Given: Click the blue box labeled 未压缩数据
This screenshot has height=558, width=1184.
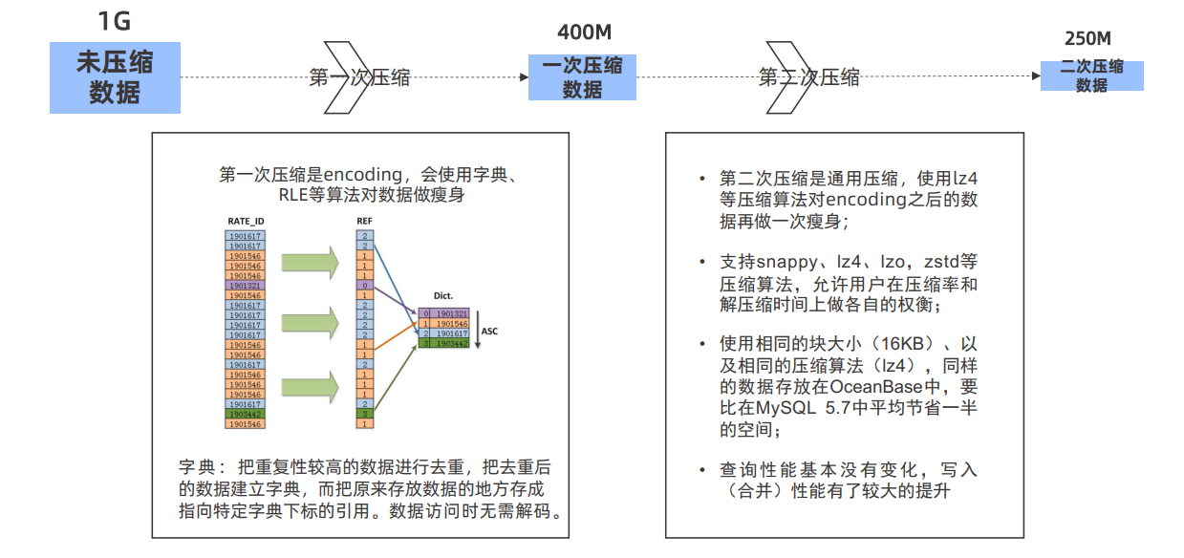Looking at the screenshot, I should click(115, 77).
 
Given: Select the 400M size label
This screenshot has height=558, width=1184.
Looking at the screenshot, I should click(584, 32).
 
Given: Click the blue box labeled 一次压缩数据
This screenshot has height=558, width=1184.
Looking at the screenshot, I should click(582, 77).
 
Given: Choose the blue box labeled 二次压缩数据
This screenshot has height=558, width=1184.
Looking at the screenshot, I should click(1091, 75).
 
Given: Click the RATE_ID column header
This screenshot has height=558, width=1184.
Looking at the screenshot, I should click(246, 221).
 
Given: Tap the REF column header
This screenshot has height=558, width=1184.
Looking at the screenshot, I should click(365, 221).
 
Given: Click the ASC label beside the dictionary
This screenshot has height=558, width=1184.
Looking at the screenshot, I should click(489, 333).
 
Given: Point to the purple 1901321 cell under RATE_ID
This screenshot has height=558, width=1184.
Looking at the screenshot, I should click(246, 285).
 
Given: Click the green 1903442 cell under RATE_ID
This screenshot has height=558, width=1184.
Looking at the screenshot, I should click(246, 414).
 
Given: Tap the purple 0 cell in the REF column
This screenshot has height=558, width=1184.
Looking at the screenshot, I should click(365, 285).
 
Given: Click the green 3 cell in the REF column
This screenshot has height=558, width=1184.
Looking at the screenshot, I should click(365, 414).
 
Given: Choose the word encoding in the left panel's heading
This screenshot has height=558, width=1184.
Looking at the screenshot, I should click(364, 175).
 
